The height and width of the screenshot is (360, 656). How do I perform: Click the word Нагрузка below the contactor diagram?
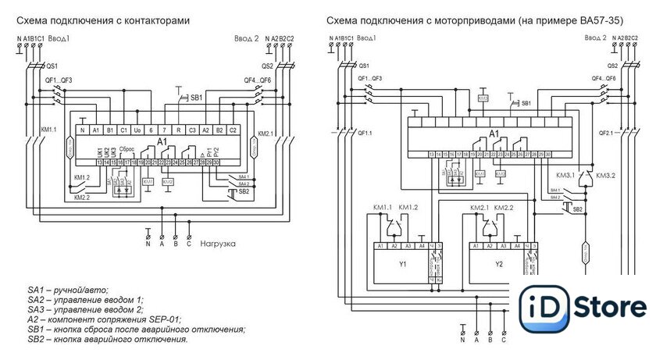point(217,244)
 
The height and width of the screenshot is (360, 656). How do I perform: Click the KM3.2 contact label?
point(606,176)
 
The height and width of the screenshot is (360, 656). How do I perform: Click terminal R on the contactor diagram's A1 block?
point(178,129)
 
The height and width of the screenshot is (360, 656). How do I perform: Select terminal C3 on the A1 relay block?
point(192,129)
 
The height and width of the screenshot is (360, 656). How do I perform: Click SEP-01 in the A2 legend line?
point(163,319)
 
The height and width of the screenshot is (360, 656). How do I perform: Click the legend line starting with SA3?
point(87,309)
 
